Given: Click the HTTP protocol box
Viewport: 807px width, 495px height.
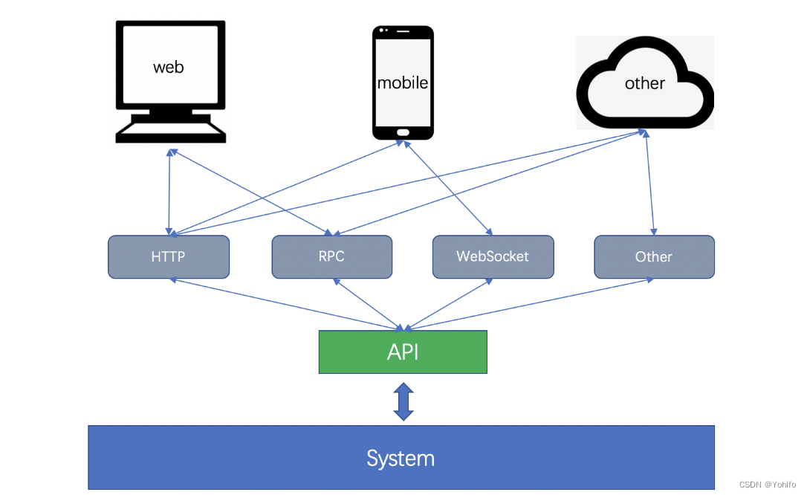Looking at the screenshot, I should click(x=169, y=257).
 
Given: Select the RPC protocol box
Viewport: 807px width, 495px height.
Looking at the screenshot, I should click(x=331, y=257).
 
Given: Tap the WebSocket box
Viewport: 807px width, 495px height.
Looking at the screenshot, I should click(x=493, y=257).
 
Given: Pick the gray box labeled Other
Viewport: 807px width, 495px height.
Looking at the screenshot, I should click(x=654, y=257).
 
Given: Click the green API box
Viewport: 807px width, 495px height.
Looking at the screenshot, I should click(x=403, y=352).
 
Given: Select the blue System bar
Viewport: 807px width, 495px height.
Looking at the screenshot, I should click(x=401, y=457).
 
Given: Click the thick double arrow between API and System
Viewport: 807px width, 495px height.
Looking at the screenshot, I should click(x=403, y=401).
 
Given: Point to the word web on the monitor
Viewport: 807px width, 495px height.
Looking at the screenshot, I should click(x=169, y=67).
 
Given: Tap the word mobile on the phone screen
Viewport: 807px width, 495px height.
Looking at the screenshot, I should click(x=403, y=82).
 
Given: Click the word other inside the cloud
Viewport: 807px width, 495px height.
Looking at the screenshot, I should click(x=644, y=83).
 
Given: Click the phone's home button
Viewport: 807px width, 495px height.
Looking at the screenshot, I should click(x=403, y=132).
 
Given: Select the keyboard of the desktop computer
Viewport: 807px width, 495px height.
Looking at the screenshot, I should click(x=171, y=132).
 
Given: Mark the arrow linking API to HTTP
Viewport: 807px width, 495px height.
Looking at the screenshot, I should click(x=286, y=303).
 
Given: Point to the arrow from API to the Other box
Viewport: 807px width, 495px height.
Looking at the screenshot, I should click(x=528, y=303).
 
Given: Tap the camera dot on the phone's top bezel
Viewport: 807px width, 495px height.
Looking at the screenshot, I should click(x=382, y=31).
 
